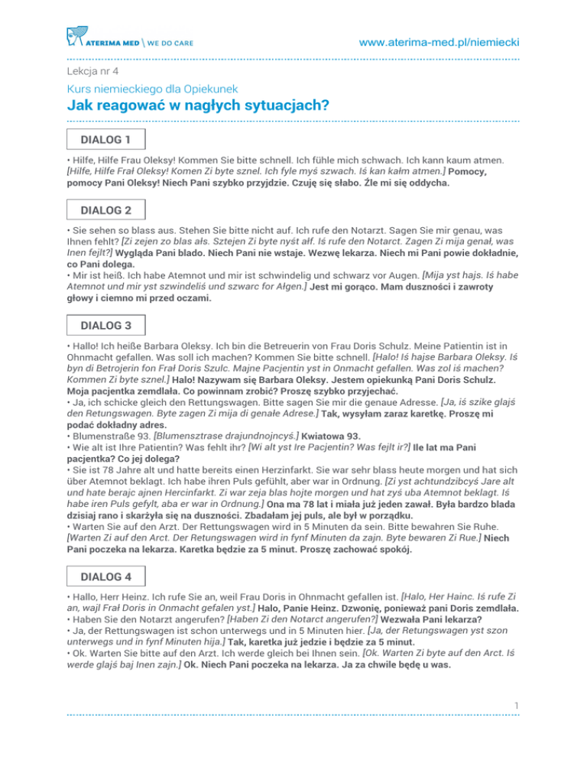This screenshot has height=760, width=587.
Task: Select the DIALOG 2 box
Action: (x=106, y=209)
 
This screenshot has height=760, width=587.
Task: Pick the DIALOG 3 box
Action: (x=106, y=325)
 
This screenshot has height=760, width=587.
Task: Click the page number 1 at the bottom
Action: (x=517, y=723)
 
